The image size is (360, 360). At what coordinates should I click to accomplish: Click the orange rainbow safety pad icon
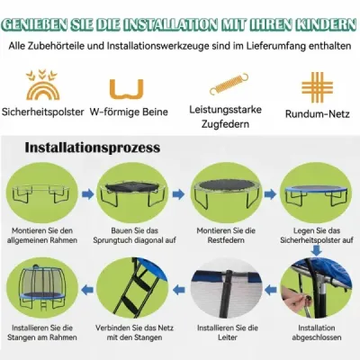(x=42, y=90)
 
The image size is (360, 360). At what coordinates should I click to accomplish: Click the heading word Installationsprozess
(x=93, y=148)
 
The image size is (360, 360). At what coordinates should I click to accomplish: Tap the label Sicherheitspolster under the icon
(x=43, y=112)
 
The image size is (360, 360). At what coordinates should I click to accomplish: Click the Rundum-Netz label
(x=318, y=114)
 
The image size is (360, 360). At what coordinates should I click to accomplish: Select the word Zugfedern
(x=225, y=124)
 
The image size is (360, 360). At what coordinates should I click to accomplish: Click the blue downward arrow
(x=317, y=249)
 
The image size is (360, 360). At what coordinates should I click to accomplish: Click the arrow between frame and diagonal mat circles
(x=87, y=194)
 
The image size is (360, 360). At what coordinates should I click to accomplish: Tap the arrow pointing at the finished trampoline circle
(x=87, y=290)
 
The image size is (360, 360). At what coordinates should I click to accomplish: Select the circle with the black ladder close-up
(x=132, y=289)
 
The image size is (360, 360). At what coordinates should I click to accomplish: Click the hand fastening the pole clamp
(x=296, y=299)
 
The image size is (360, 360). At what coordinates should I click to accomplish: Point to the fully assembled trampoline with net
(x=42, y=288)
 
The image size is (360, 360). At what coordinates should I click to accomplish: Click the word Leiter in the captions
(x=228, y=337)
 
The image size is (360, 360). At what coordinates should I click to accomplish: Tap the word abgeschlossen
(x=317, y=337)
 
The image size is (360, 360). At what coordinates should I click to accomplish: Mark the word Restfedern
(x=226, y=240)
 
